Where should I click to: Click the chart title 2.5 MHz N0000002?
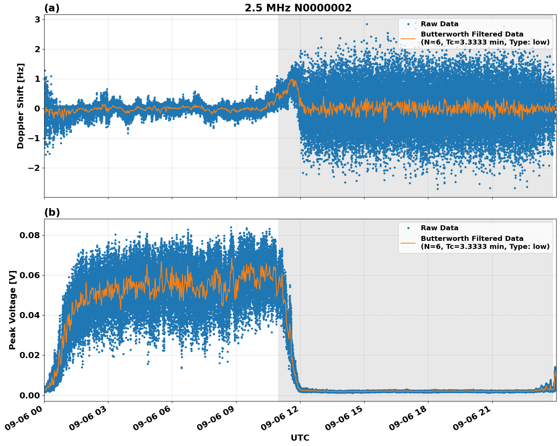[298, 8]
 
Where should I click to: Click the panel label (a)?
[52, 8]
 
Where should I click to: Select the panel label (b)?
[52, 212]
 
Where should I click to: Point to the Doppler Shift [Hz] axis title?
[21, 106]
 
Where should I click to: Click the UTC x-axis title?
[300, 438]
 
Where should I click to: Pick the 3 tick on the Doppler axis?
[37, 19]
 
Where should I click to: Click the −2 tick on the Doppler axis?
[35, 168]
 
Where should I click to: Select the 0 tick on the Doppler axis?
[37, 108]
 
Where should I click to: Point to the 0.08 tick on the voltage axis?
[30, 235]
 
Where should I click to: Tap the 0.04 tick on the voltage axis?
[30, 315]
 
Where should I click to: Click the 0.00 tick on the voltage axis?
[30, 395]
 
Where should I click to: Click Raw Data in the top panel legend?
[439, 24]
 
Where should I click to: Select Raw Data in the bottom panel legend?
[439, 228]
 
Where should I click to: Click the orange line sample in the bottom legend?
[408, 242]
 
